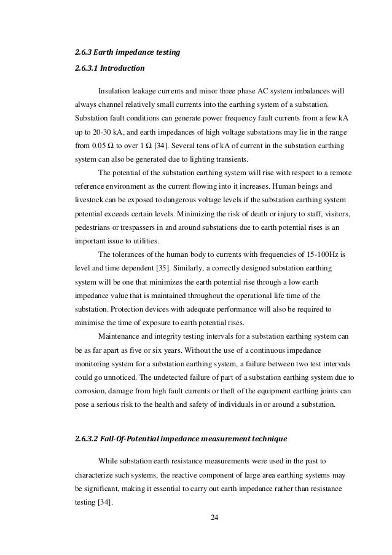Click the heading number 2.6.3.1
tap(87, 69)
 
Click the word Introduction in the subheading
tap(123, 69)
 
